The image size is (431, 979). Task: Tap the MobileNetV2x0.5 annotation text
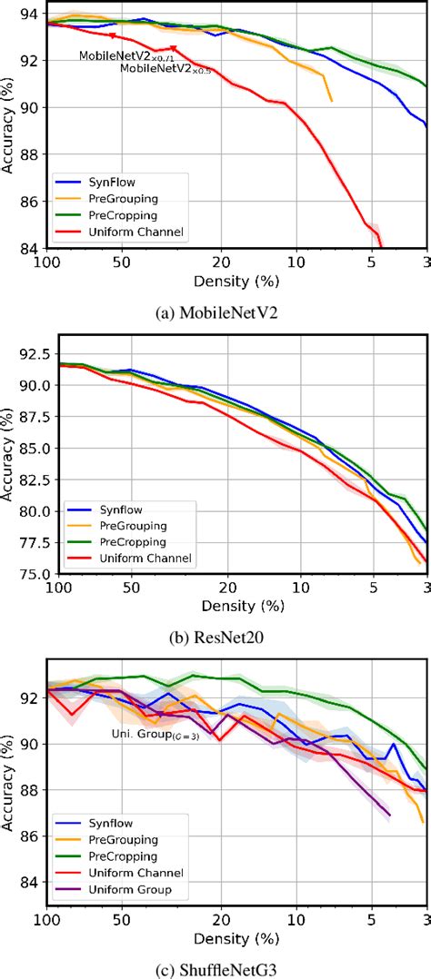coord(165,68)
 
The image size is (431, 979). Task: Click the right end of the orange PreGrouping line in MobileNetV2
coord(331,100)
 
